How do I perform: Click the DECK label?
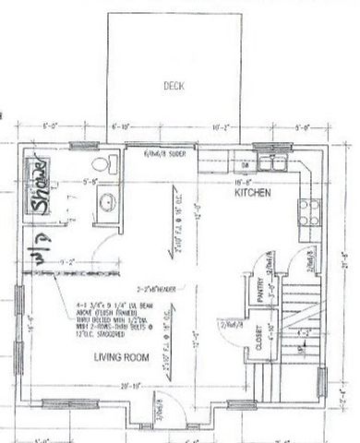tap(174, 86)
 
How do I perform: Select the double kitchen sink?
tap(274, 164)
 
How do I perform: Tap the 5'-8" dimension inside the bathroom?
tap(91, 182)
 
